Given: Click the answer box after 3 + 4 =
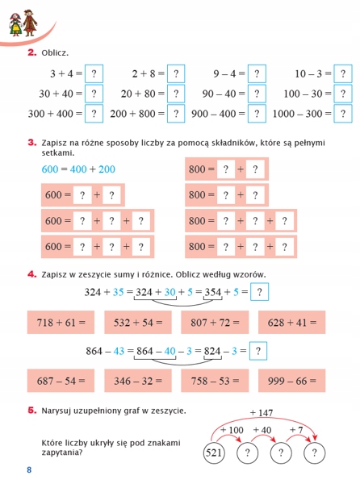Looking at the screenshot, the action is [94, 73].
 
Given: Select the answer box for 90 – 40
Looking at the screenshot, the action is [256, 94].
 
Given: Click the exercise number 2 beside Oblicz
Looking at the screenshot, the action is [31, 52].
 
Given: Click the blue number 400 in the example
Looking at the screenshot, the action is [77, 169].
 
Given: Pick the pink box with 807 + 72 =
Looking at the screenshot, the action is [214, 323].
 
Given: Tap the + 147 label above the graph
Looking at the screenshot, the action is [262, 413].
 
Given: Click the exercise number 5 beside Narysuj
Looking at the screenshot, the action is [31, 411].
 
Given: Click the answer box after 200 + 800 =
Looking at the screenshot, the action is [175, 114].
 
